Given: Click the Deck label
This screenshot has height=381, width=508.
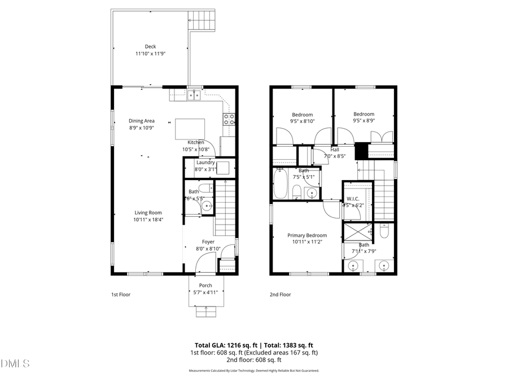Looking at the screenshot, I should [x=150, y=47].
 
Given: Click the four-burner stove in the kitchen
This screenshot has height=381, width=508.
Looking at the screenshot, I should [x=230, y=119].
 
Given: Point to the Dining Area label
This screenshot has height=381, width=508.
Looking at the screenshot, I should [x=142, y=121].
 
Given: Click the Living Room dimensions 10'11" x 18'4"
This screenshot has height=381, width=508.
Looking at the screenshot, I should [x=148, y=220].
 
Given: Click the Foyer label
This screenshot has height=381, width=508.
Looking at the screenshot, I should [x=208, y=242].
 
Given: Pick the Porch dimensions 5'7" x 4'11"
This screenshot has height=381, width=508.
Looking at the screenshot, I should [x=205, y=292].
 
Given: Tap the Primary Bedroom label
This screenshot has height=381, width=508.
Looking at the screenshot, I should [x=307, y=235].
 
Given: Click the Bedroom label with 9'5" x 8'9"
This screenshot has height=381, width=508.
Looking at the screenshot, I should [x=364, y=115].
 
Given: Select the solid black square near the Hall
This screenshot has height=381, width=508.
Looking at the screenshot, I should [x=361, y=151].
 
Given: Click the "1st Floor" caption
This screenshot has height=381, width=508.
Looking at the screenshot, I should [x=121, y=294].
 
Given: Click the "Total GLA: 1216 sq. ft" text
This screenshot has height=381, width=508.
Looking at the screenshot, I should [x=223, y=345].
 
